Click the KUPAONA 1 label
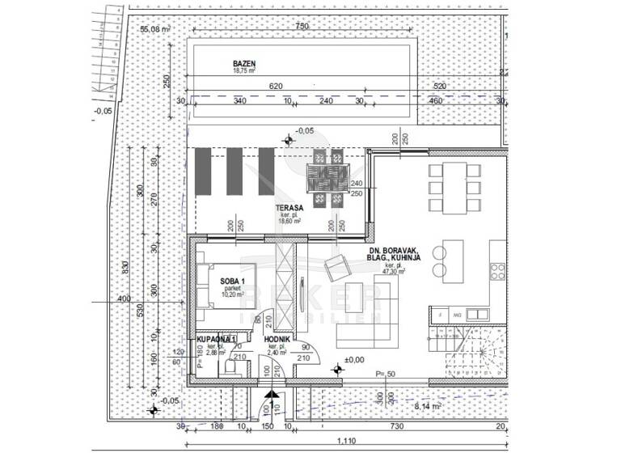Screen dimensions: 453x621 216,338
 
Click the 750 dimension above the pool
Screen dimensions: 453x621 302,28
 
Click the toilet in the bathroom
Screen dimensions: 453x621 230,368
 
